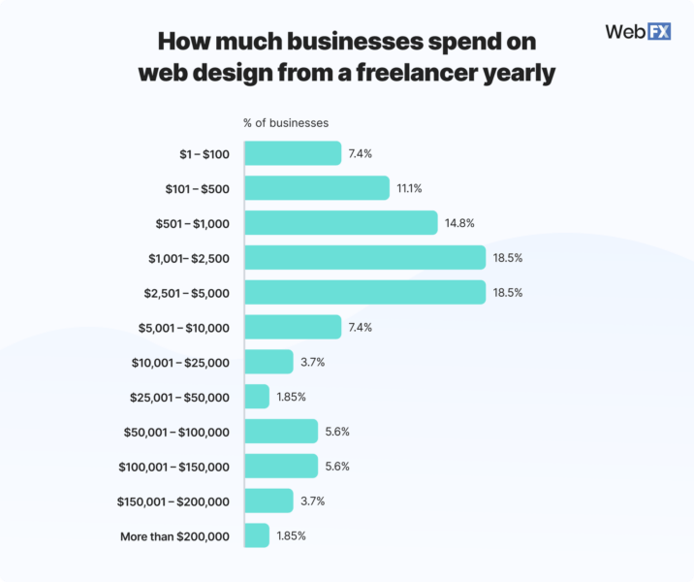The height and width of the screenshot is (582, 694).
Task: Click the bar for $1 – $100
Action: tap(293, 153)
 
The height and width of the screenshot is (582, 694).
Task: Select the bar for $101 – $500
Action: tap(317, 188)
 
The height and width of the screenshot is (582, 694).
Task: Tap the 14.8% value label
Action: tap(461, 223)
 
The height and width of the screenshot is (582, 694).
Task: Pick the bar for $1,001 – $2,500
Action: tap(364, 257)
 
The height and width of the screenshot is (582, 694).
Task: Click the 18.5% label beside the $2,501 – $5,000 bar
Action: tap(510, 292)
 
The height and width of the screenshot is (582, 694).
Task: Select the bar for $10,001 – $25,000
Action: tap(268, 362)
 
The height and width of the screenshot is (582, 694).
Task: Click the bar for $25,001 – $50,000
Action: tap(257, 397)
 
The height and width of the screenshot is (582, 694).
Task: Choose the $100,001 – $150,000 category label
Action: tap(174, 467)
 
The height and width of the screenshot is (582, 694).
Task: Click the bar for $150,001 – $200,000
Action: tap(268, 501)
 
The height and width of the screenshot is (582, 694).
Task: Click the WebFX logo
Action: tap(637, 31)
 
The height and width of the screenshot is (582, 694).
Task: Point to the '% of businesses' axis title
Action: tap(285, 123)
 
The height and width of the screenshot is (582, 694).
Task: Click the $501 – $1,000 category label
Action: tap(193, 223)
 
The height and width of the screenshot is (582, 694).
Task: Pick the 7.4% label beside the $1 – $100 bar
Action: tap(361, 153)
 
